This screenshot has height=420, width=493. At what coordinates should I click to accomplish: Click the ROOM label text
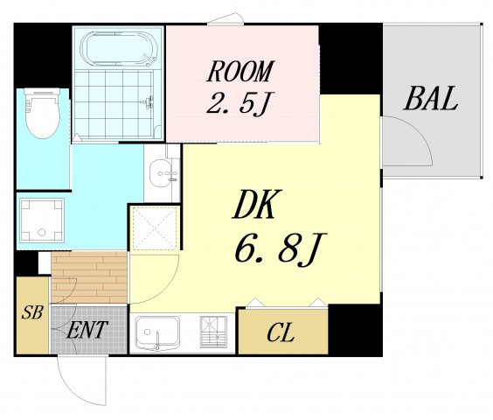241,72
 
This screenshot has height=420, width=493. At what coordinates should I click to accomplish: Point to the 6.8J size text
281,249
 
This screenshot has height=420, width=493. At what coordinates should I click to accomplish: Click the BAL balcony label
430,98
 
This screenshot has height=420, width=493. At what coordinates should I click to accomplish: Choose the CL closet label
281,333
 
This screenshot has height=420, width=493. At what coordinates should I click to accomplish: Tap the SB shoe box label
32,312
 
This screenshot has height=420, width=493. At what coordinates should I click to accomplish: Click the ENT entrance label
87,329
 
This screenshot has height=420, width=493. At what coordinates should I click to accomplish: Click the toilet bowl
43,114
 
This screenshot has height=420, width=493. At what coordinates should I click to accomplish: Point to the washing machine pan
42,220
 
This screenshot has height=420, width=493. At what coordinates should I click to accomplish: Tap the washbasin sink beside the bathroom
161,173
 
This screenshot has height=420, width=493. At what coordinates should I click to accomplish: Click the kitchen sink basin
157,333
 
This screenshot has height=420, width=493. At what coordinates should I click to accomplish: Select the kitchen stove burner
213,332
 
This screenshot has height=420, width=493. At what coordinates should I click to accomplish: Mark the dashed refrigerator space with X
155,227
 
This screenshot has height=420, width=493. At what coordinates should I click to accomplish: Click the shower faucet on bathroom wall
148,101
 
